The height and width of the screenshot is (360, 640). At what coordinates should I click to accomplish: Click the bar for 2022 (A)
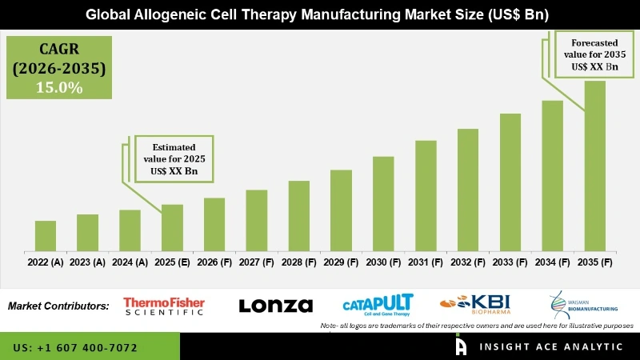[x=46, y=235]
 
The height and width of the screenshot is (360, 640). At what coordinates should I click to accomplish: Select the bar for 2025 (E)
[x=172, y=227]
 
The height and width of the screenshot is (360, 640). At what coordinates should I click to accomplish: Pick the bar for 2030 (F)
[x=383, y=203]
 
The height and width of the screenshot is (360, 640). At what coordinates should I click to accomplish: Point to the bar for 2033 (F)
[x=510, y=182]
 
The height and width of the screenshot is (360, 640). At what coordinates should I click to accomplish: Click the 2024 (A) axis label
[x=130, y=262]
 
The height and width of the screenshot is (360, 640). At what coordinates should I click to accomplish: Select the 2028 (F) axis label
[x=298, y=262]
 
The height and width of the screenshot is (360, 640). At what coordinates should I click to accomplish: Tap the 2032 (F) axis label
[x=468, y=262]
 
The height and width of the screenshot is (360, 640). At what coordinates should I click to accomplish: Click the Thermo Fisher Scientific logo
[x=164, y=306]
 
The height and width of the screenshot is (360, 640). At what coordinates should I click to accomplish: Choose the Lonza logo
[x=276, y=306]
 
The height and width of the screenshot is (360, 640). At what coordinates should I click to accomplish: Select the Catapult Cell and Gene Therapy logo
[x=378, y=305]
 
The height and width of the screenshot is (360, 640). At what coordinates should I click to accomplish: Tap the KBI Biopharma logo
[x=475, y=305]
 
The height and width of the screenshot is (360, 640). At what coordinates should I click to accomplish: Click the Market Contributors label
[x=58, y=306]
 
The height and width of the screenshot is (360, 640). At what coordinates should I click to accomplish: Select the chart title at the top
[x=320, y=14]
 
